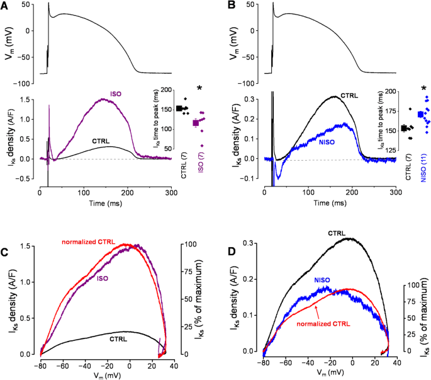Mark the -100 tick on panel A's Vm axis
pos(27,83)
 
